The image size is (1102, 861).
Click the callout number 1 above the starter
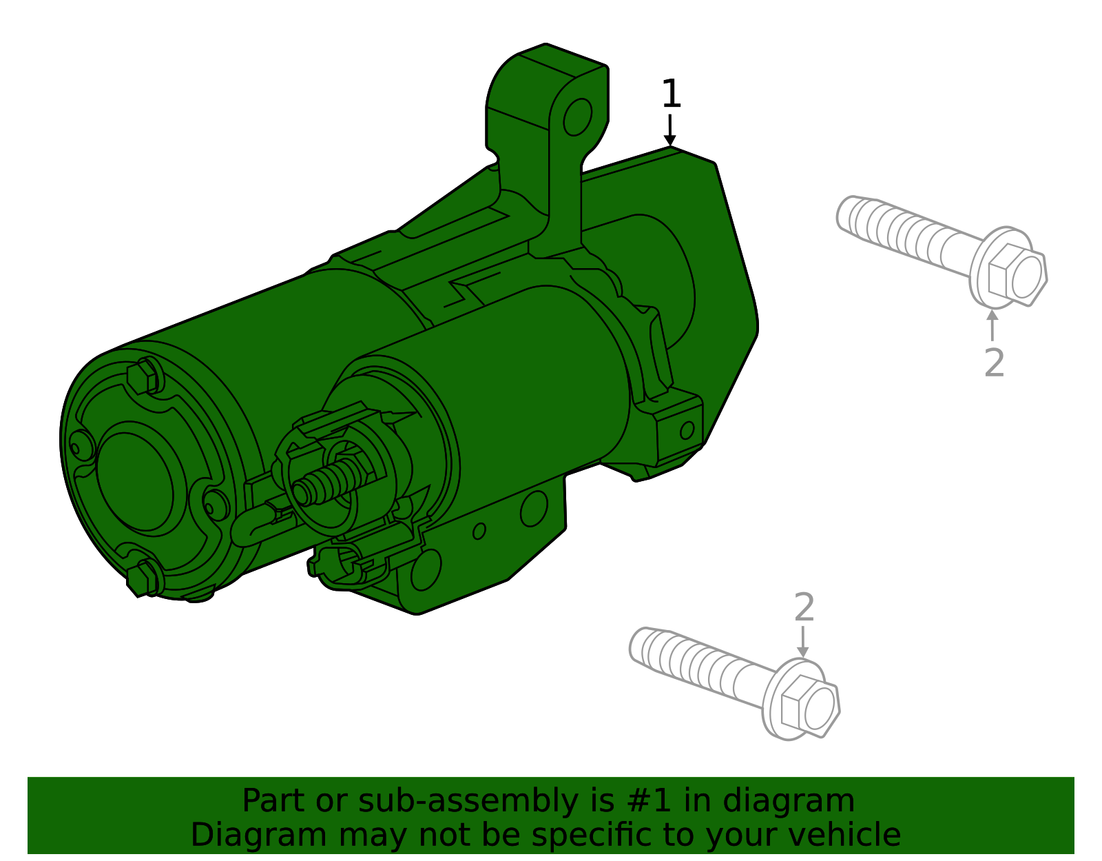[671, 94]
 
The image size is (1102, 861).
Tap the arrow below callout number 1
[669, 131]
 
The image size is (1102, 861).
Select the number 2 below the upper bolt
[994, 363]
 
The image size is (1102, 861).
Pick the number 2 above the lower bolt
[804, 608]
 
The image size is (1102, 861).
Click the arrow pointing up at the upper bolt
[992, 325]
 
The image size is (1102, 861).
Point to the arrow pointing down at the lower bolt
[802, 642]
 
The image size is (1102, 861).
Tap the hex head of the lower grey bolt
[810, 706]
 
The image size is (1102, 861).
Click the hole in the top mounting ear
[577, 117]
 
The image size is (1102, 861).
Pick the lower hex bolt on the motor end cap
[143, 576]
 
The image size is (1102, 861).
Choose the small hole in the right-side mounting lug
[687, 431]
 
